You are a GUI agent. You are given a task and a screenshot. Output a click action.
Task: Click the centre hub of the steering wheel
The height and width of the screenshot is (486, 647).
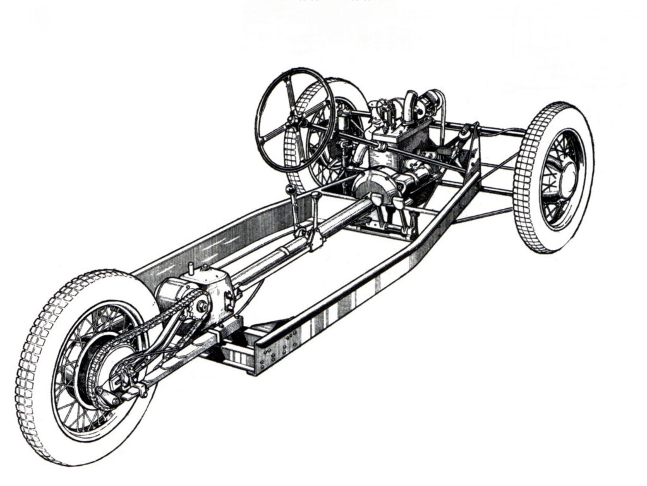click(x=294, y=120)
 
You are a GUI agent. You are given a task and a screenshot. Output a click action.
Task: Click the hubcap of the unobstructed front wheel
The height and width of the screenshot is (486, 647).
click(x=564, y=172)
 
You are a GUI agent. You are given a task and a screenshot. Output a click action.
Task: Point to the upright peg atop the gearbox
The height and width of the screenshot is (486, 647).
click(x=190, y=269)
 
